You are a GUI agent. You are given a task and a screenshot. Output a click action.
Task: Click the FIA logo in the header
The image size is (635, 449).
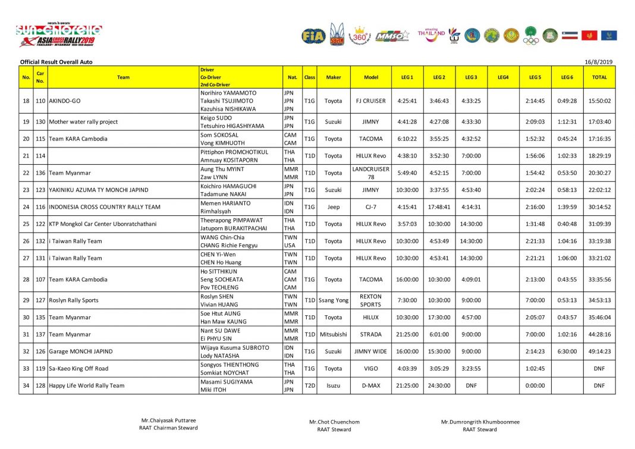click(x=313, y=36)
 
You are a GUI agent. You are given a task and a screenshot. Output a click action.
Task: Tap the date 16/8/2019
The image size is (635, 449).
click(x=601, y=62)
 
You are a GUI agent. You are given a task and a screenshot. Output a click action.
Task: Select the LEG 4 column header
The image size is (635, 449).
click(x=503, y=77)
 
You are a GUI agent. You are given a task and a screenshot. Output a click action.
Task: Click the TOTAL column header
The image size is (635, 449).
click(x=599, y=77)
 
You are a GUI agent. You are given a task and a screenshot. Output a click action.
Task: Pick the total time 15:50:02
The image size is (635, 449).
click(x=599, y=101)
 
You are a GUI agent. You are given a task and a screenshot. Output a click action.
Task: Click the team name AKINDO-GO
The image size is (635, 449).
click(x=67, y=101)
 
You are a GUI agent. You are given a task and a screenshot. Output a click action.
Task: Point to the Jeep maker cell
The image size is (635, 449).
click(x=334, y=207)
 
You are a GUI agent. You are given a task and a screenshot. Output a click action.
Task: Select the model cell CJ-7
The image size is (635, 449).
click(x=371, y=207)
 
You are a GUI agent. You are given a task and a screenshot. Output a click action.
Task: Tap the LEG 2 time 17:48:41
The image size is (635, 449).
click(x=439, y=207)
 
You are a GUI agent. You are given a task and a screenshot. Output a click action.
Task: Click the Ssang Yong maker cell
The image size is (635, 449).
click(x=334, y=300)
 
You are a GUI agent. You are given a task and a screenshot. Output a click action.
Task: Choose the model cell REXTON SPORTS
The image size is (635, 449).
click(x=371, y=300)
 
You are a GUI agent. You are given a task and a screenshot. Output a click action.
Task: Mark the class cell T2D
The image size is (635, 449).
click(x=310, y=385)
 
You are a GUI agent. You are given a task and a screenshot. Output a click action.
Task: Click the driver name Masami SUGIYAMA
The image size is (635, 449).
click(x=227, y=382)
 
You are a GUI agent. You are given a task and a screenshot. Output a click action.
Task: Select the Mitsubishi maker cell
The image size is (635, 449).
click(x=334, y=334)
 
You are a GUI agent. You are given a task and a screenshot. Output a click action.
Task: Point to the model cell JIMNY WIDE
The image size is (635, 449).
click(x=371, y=351)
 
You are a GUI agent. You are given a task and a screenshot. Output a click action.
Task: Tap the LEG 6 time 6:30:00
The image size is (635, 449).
click(x=567, y=351)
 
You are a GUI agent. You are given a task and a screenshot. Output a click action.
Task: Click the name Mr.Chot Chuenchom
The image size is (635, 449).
click(x=334, y=422)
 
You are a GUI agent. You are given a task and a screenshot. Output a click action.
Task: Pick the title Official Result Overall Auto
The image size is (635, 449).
click(x=56, y=62)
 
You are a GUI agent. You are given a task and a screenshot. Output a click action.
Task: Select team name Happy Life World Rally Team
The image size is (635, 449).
click(x=87, y=385)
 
